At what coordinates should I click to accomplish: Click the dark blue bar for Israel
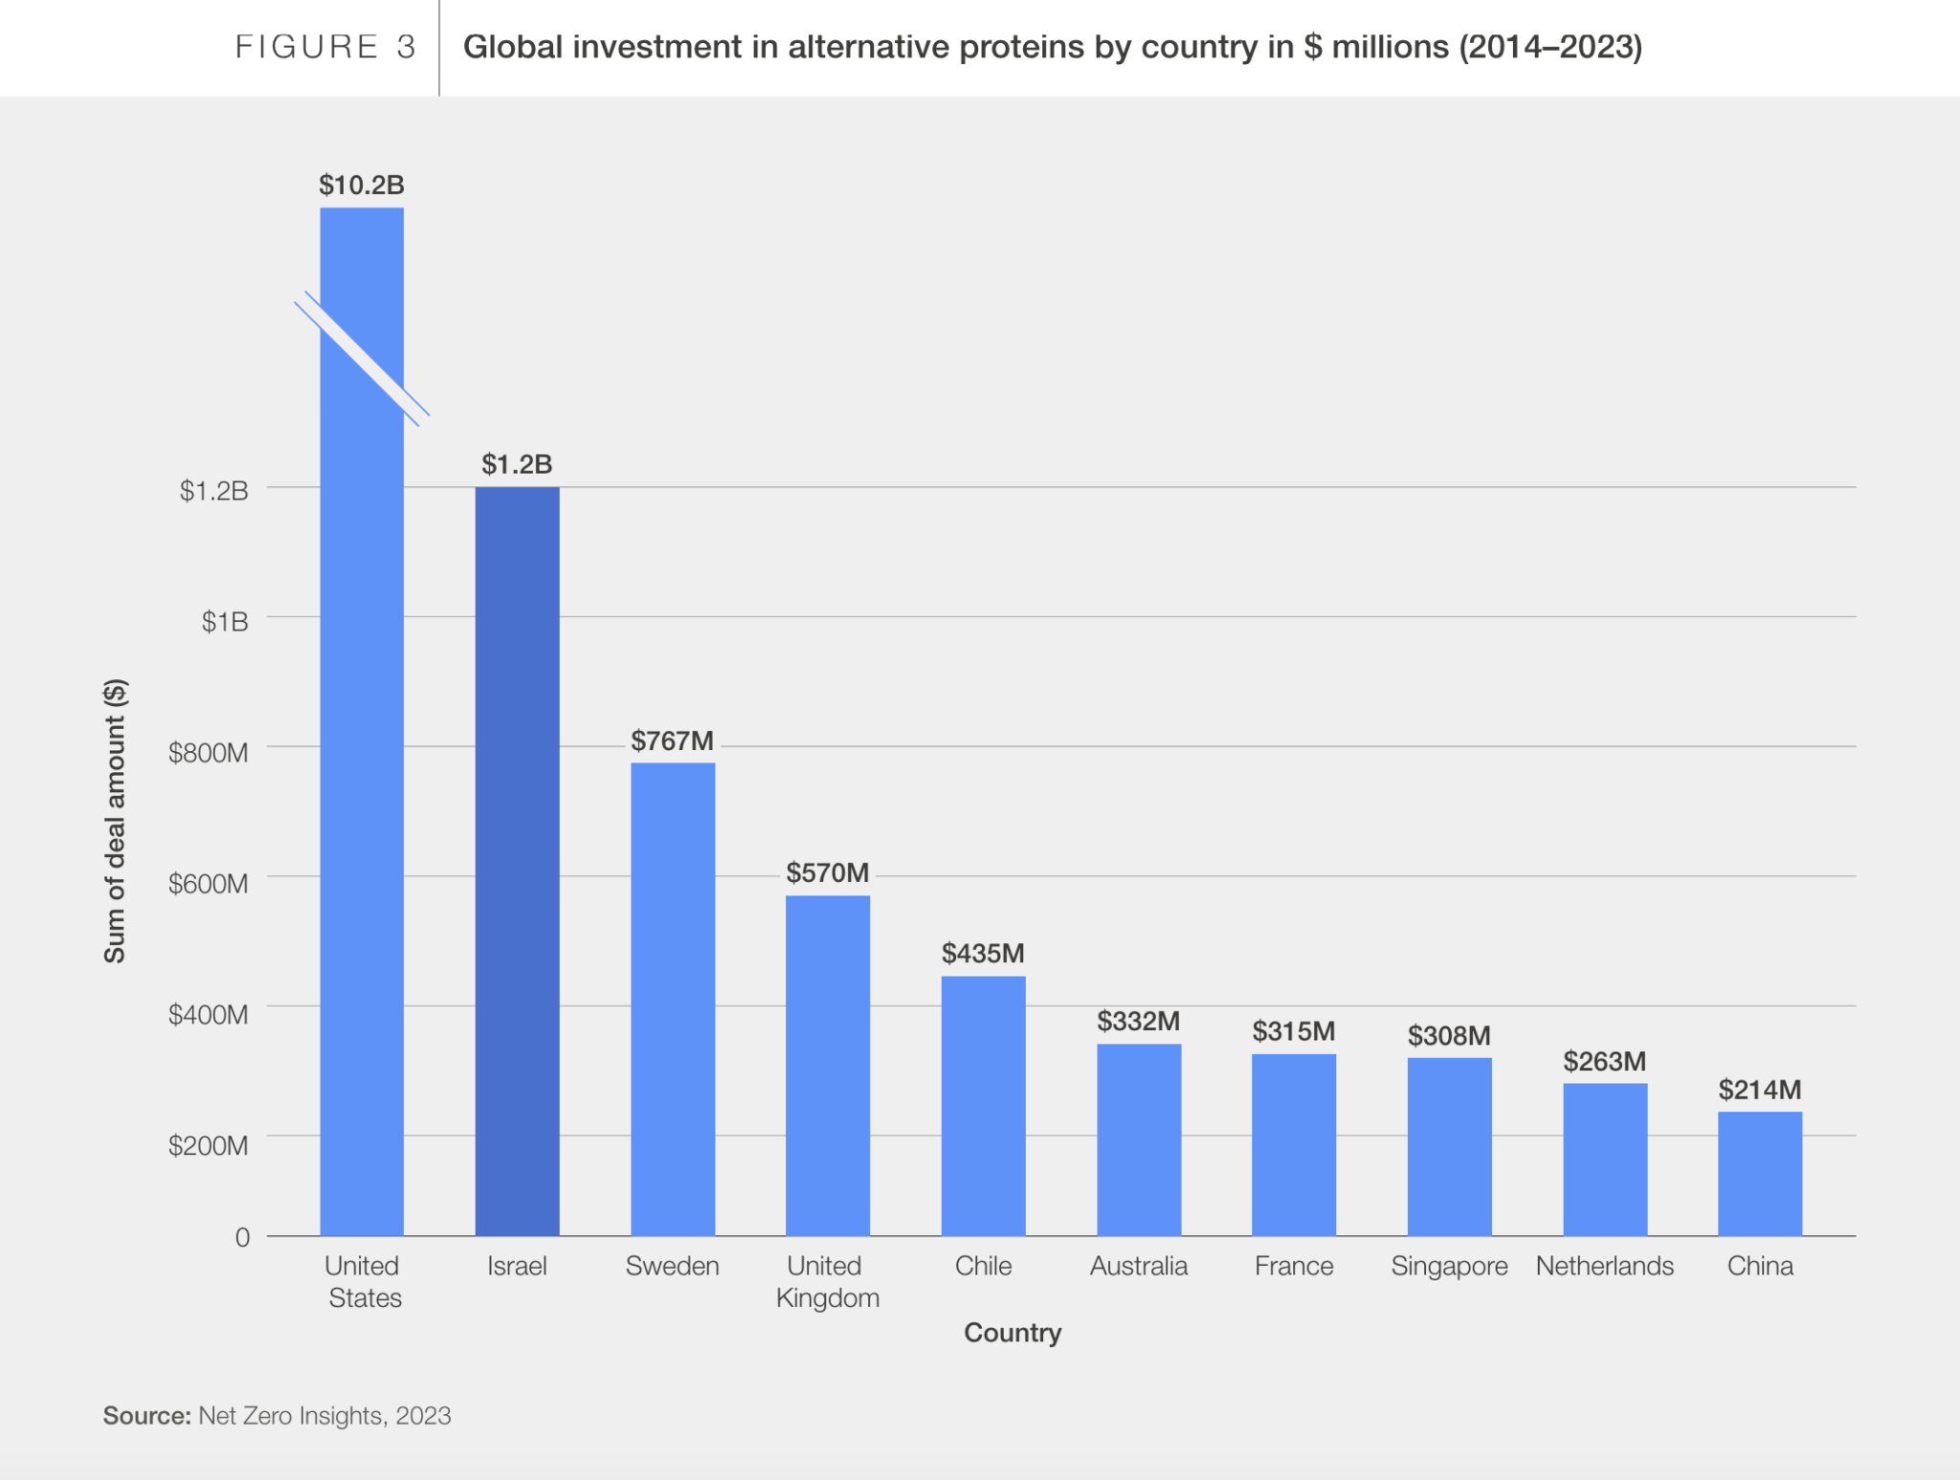pyautogui.click(x=517, y=861)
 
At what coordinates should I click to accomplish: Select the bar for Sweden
pyautogui.click(x=672, y=999)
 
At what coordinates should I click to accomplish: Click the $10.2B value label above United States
pyautogui.click(x=362, y=185)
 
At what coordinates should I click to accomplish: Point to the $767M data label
pyautogui.click(x=672, y=741)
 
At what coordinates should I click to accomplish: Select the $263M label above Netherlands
pyautogui.click(x=1604, y=1061)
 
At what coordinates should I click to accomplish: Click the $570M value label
pyautogui.click(x=827, y=873)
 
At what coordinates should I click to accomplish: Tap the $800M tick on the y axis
pyautogui.click(x=208, y=753)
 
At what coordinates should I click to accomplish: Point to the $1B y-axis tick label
pyautogui.click(x=224, y=622)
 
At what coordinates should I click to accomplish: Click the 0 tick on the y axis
pyautogui.click(x=242, y=1237)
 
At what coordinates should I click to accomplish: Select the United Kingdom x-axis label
pyautogui.click(x=827, y=1281)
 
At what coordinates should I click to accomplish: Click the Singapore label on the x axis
pyautogui.click(x=1449, y=1266)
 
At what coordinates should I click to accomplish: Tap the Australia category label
pyautogui.click(x=1138, y=1266)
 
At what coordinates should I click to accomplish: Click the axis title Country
pyautogui.click(x=1012, y=1333)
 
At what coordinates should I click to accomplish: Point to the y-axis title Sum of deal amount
pyautogui.click(x=115, y=821)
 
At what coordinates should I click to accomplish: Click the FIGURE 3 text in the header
pyautogui.click(x=325, y=47)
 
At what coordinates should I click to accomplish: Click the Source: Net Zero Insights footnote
pyautogui.click(x=277, y=1415)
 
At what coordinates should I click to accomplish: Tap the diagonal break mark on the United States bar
pyautogui.click(x=362, y=359)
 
